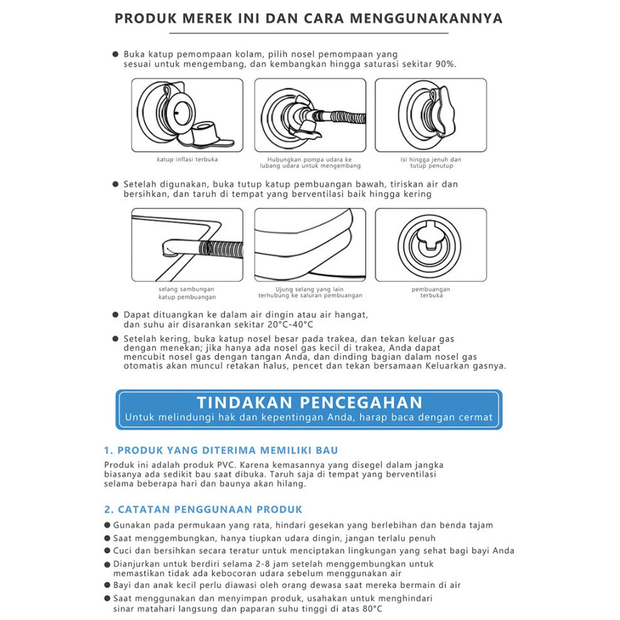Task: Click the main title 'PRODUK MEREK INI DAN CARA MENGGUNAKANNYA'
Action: [x=308, y=18]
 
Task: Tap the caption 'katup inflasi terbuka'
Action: [x=187, y=160]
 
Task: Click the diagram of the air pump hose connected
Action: [x=310, y=115]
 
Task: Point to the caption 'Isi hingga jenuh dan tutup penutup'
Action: [x=431, y=163]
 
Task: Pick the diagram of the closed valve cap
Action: [x=431, y=115]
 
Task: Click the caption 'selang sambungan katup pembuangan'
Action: [x=187, y=293]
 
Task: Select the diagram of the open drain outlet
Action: [x=431, y=246]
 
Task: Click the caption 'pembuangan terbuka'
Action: [x=431, y=292]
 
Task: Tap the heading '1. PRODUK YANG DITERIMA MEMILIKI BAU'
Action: [x=221, y=450]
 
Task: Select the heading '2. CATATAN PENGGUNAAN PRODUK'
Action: [x=203, y=509]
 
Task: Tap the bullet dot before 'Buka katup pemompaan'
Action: [x=116, y=55]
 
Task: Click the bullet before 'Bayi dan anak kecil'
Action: [x=107, y=585]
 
